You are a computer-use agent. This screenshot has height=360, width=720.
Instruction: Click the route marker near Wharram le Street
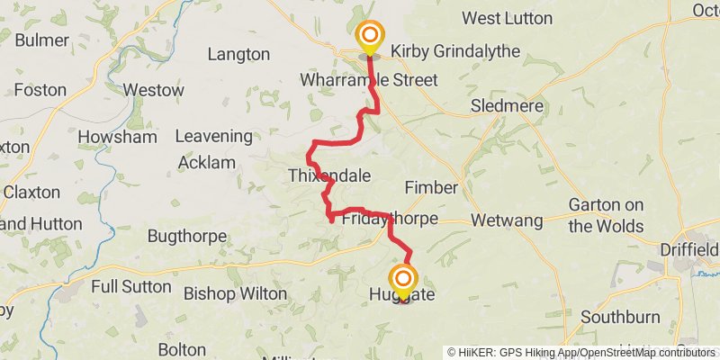[x=369, y=38]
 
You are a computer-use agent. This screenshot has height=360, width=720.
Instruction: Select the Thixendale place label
[x=328, y=175]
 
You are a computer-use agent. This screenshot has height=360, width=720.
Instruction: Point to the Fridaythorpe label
[x=390, y=219]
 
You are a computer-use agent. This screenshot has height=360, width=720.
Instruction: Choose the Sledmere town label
[x=508, y=106]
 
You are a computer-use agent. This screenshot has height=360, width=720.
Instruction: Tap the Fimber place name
[x=431, y=187]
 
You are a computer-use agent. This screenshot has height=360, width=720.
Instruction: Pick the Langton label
[x=238, y=54]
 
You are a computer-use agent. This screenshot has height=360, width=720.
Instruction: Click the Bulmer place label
[x=40, y=40]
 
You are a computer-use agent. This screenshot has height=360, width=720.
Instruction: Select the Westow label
[x=153, y=90]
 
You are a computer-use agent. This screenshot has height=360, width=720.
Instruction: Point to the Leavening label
[x=213, y=136]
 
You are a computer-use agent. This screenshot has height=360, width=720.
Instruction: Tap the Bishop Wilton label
[x=235, y=293]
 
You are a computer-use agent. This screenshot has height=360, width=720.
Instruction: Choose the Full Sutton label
[x=130, y=286]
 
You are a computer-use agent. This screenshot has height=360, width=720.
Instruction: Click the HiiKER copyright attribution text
[x=581, y=352]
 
